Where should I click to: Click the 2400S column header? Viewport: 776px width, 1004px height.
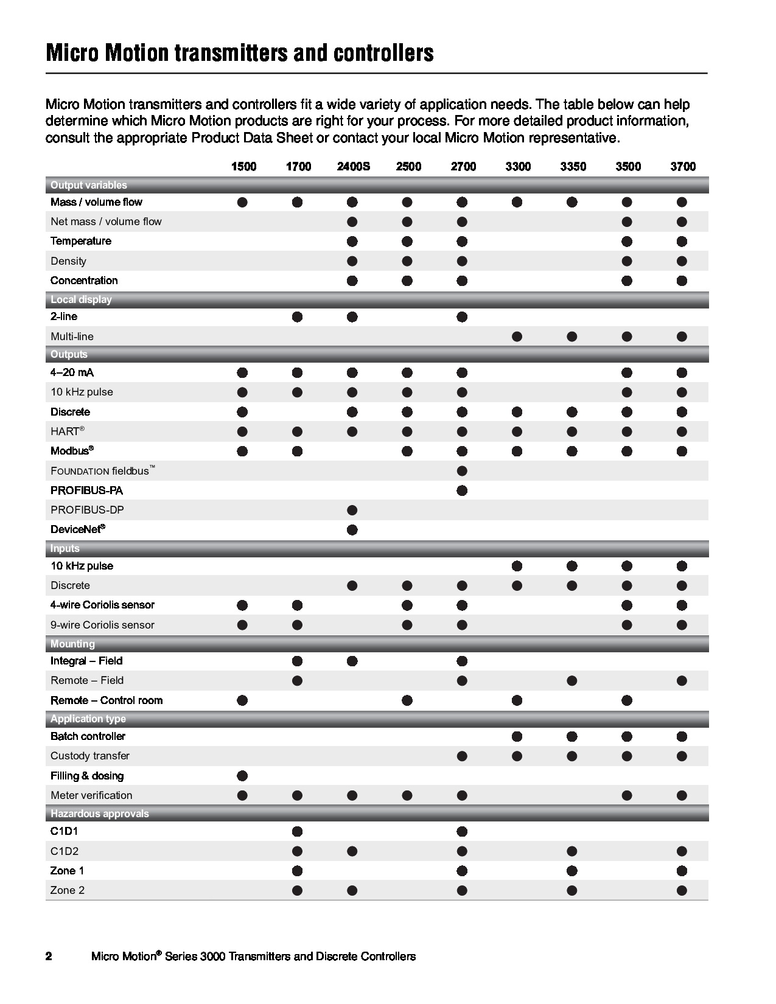tap(353, 167)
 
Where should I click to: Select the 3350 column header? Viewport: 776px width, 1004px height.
tap(573, 167)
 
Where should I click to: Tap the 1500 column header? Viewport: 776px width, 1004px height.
tap(243, 167)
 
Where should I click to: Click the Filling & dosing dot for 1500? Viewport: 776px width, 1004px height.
tap(242, 776)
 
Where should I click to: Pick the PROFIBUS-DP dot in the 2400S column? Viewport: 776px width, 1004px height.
tap(352, 510)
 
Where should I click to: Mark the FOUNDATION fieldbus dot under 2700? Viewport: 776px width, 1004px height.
tap(462, 470)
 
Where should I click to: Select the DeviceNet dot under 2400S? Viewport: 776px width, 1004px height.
tap(352, 529)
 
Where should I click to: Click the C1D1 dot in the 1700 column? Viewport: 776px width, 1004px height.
tap(297, 831)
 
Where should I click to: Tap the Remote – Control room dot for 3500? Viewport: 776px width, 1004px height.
tap(627, 700)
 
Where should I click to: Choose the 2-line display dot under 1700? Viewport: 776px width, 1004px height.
tap(297, 316)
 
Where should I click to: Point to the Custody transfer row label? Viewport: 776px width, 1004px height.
tap(90, 756)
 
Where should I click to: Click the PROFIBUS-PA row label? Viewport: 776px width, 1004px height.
tap(86, 490)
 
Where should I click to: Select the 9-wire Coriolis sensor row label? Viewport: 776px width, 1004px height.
tap(102, 625)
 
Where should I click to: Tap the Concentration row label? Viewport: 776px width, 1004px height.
tap(84, 281)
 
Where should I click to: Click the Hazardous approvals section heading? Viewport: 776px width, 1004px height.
tap(99, 814)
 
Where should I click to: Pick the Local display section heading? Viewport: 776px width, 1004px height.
tap(81, 299)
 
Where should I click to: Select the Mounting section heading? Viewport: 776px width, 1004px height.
tap(72, 644)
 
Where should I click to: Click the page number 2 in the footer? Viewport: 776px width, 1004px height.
tap(49, 957)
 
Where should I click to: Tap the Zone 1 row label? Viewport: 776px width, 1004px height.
tap(63, 871)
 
